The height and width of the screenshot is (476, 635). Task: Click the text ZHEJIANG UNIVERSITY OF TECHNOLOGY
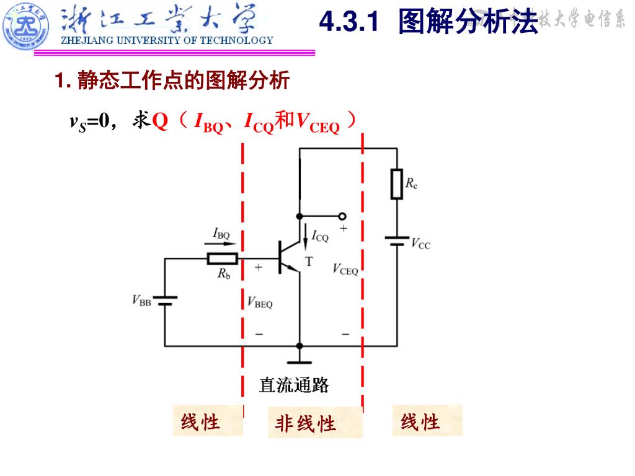tap(166, 41)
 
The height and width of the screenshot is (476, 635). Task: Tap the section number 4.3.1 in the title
tap(349, 22)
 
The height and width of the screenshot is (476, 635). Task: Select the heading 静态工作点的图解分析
tap(184, 81)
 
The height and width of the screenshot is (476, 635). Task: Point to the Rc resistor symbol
tap(396, 184)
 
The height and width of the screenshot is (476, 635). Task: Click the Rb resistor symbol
tap(222, 258)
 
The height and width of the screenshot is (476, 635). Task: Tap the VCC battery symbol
tap(396, 240)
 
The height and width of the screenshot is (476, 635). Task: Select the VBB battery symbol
tap(165, 301)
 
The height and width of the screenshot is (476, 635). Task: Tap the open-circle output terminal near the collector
tap(341, 216)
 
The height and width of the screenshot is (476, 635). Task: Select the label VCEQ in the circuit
tap(345, 269)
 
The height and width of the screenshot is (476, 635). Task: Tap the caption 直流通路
tap(294, 386)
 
